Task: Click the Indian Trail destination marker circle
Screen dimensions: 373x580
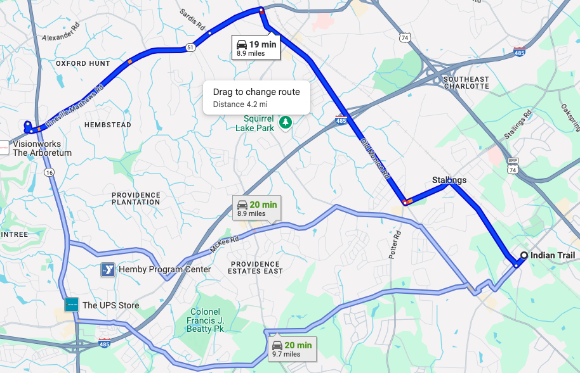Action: point(524,256)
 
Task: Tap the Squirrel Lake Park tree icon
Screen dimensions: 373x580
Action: point(286,120)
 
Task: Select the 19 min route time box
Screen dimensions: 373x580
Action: point(256,48)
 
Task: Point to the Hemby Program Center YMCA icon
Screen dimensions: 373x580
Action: point(108,270)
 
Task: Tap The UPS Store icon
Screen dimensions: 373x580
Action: point(72,305)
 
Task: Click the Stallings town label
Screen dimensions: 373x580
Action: point(449,180)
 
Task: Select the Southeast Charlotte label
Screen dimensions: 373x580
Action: point(466,82)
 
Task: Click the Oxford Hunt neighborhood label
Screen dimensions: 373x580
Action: point(82,64)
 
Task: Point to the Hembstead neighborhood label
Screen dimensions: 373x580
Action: point(108,125)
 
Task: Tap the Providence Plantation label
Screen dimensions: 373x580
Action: point(136,198)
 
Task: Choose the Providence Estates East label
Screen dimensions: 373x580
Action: point(256,267)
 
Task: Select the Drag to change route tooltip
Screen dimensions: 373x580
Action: point(256,97)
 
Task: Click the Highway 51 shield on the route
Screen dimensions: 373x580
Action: point(190,47)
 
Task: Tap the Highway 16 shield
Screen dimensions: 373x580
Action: point(49,172)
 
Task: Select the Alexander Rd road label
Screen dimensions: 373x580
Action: point(62,34)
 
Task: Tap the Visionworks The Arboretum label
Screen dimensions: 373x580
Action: point(42,148)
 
